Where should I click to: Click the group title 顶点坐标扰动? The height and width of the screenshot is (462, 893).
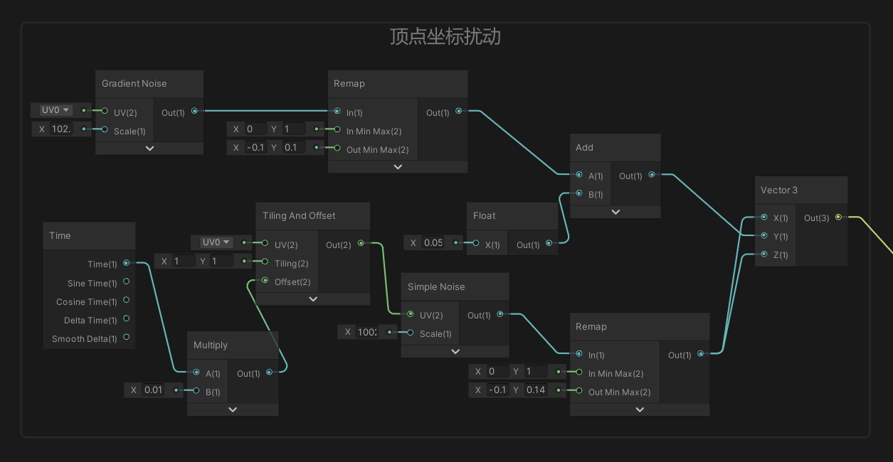pyautogui.click(x=445, y=37)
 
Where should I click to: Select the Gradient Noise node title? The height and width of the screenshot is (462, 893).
pyautogui.click(x=134, y=84)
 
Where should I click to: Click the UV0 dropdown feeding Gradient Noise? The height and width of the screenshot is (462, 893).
pyautogui.click(x=56, y=110)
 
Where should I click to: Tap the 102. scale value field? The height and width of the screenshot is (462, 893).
pyautogui.click(x=61, y=129)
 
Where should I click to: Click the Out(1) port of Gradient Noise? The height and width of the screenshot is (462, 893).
pyautogui.click(x=194, y=111)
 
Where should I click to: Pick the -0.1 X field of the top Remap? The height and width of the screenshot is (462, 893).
pyautogui.click(x=255, y=147)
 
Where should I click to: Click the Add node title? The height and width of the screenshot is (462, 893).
pyautogui.click(x=584, y=147)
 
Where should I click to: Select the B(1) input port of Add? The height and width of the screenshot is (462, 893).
pyautogui.click(x=579, y=193)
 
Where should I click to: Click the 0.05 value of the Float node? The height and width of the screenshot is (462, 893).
pyautogui.click(x=433, y=242)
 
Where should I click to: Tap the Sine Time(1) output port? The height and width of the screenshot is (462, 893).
pyautogui.click(x=127, y=281)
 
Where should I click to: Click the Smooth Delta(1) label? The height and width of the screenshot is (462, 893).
pyautogui.click(x=85, y=339)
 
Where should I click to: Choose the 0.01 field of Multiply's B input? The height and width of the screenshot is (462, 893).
pyautogui.click(x=154, y=390)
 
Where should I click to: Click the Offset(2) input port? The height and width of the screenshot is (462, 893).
pyautogui.click(x=265, y=280)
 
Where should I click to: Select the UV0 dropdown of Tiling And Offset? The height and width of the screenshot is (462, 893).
pyautogui.click(x=216, y=242)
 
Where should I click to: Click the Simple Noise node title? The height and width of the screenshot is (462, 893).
pyautogui.click(x=436, y=286)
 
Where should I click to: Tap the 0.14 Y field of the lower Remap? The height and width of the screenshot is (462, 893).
pyautogui.click(x=535, y=390)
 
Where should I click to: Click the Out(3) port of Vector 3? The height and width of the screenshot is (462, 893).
pyautogui.click(x=838, y=217)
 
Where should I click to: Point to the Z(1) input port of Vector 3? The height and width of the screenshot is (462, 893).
pyautogui.click(x=764, y=254)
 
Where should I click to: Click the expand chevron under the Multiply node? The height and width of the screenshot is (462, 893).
pyautogui.click(x=233, y=409)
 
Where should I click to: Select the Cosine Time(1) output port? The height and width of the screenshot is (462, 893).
pyautogui.click(x=127, y=300)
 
